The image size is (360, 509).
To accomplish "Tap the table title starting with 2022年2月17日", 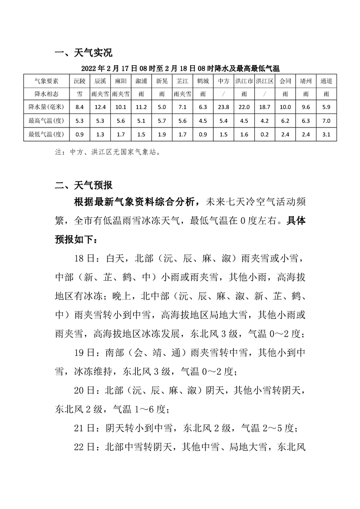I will click(180, 69).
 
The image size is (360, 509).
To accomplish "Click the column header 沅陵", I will click(79, 81).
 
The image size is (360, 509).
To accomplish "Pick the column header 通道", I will click(326, 81).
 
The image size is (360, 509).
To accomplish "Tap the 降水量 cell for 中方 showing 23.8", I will click(223, 107).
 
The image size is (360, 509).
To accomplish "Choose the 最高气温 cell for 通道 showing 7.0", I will click(326, 121).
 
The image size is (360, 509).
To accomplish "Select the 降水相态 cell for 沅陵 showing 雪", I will click(79, 94).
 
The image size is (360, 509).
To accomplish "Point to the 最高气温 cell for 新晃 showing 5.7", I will click(162, 121).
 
